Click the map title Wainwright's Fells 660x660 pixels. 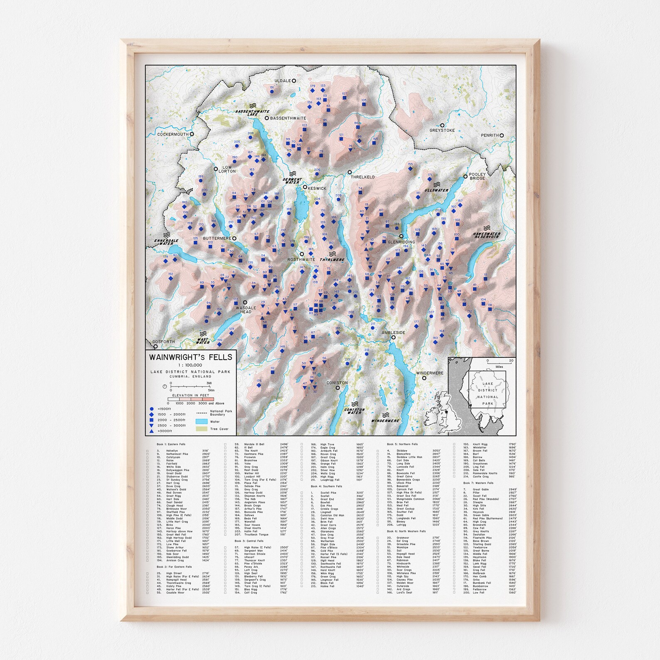click(x=191, y=357)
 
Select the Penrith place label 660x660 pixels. click(x=490, y=135)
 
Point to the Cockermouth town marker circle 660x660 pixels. click(x=192, y=134)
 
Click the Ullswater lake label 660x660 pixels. click(x=436, y=190)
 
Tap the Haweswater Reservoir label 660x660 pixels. click(x=487, y=235)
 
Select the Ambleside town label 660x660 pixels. click(x=393, y=332)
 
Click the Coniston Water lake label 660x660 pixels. click(x=355, y=411)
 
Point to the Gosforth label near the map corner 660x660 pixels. click(x=163, y=342)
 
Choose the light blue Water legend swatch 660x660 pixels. click(x=202, y=421)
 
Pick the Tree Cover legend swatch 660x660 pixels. click(x=202, y=429)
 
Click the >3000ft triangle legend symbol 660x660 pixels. click(x=152, y=431)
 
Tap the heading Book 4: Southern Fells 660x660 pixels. click(x=326, y=486)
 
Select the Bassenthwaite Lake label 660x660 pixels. click(x=252, y=113)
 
